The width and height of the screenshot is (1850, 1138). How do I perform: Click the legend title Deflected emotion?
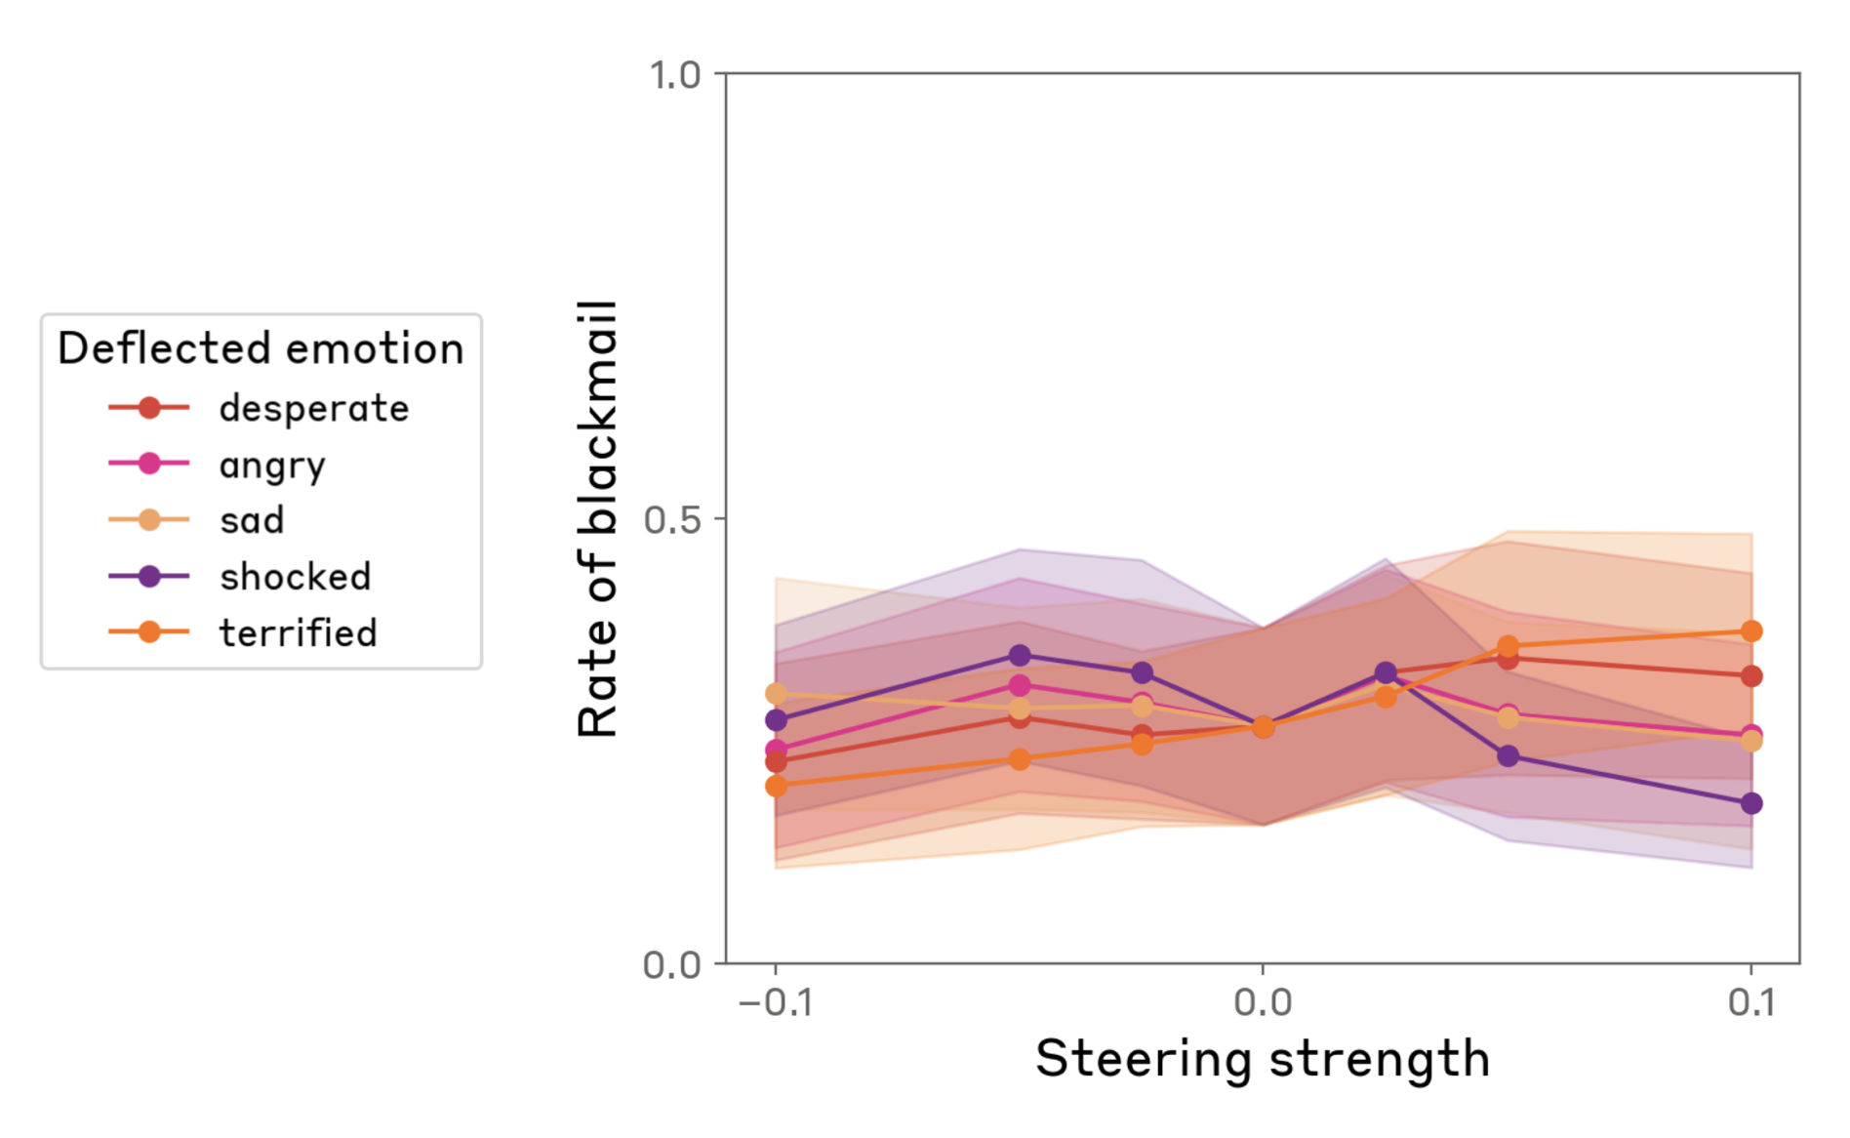[261, 348]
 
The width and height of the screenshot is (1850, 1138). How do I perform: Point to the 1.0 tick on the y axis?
[675, 74]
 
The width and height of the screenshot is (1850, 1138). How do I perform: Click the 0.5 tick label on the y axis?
[672, 519]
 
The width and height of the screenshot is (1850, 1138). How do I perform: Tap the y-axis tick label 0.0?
[672, 964]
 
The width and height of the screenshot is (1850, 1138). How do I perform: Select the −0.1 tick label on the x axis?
[776, 1002]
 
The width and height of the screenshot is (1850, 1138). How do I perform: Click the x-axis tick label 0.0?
[1263, 1002]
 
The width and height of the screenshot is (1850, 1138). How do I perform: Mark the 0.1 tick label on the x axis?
[1752, 1002]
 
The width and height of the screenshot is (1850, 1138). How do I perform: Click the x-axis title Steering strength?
[1263, 1059]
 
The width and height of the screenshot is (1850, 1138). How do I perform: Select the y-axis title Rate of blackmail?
[598, 518]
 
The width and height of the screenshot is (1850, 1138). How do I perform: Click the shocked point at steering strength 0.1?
[1751, 803]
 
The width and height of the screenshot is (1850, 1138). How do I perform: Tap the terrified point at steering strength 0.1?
[1751, 631]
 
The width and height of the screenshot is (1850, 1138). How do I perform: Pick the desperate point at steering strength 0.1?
[1751, 675]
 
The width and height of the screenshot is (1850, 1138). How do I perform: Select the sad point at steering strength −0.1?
[777, 694]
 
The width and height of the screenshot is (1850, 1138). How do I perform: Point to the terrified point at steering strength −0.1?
[777, 786]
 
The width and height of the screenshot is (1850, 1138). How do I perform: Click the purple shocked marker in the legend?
[149, 576]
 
